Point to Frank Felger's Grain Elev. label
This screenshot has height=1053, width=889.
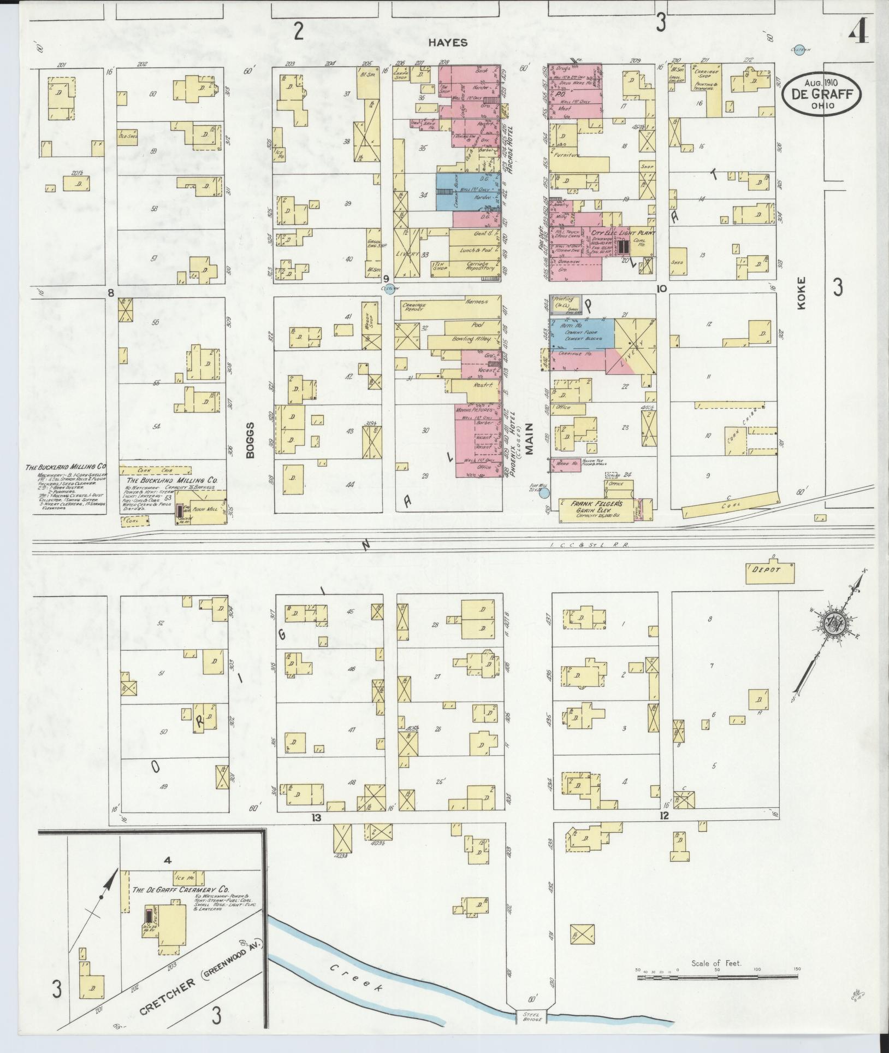(x=597, y=505)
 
